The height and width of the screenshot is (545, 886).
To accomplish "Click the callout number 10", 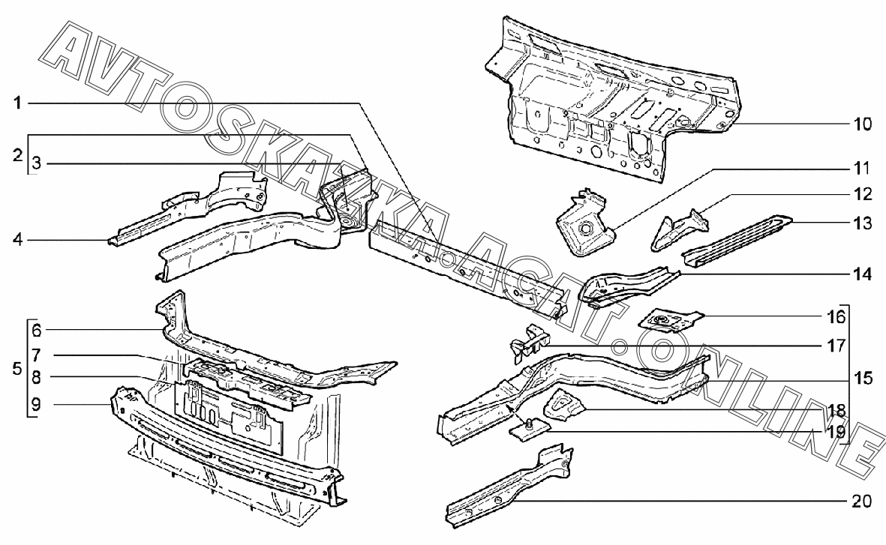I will [x=862, y=124].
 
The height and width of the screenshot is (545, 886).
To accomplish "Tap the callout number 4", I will [x=17, y=241].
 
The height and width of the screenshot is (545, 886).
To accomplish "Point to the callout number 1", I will [x=17, y=103].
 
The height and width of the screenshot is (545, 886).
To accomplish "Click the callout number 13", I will [x=862, y=223].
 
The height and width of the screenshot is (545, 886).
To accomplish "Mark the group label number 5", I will [x=17, y=369].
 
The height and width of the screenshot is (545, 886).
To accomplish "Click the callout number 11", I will [x=862, y=167].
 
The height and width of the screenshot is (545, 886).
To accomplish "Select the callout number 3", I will [x=37, y=163].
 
